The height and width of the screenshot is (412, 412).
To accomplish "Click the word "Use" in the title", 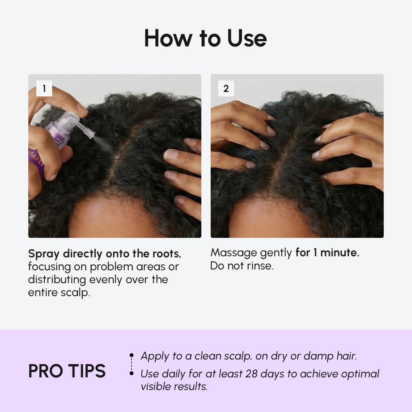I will pos(247,38).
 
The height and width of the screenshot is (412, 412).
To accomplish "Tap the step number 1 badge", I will pos(44,88).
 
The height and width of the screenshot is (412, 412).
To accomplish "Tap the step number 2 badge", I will pos(226,88).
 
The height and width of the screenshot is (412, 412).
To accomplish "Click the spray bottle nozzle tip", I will pos(93,134).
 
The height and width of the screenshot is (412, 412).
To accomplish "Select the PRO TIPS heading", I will pos(67,371).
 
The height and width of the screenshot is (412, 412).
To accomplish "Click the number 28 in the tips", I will pos(251,374).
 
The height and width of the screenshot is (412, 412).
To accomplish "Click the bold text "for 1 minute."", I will pos(327,252).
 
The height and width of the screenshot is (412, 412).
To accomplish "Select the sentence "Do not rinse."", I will pos(242,266).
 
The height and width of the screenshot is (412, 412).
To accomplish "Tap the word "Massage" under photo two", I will pos(233,253).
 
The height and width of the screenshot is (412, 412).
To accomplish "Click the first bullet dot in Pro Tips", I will pos(132,355).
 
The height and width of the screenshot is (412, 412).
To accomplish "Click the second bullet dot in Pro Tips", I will pos(132,373).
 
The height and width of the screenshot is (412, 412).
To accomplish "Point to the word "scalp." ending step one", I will pos(75,293).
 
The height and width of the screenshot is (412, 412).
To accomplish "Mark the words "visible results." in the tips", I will pos(174,386).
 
